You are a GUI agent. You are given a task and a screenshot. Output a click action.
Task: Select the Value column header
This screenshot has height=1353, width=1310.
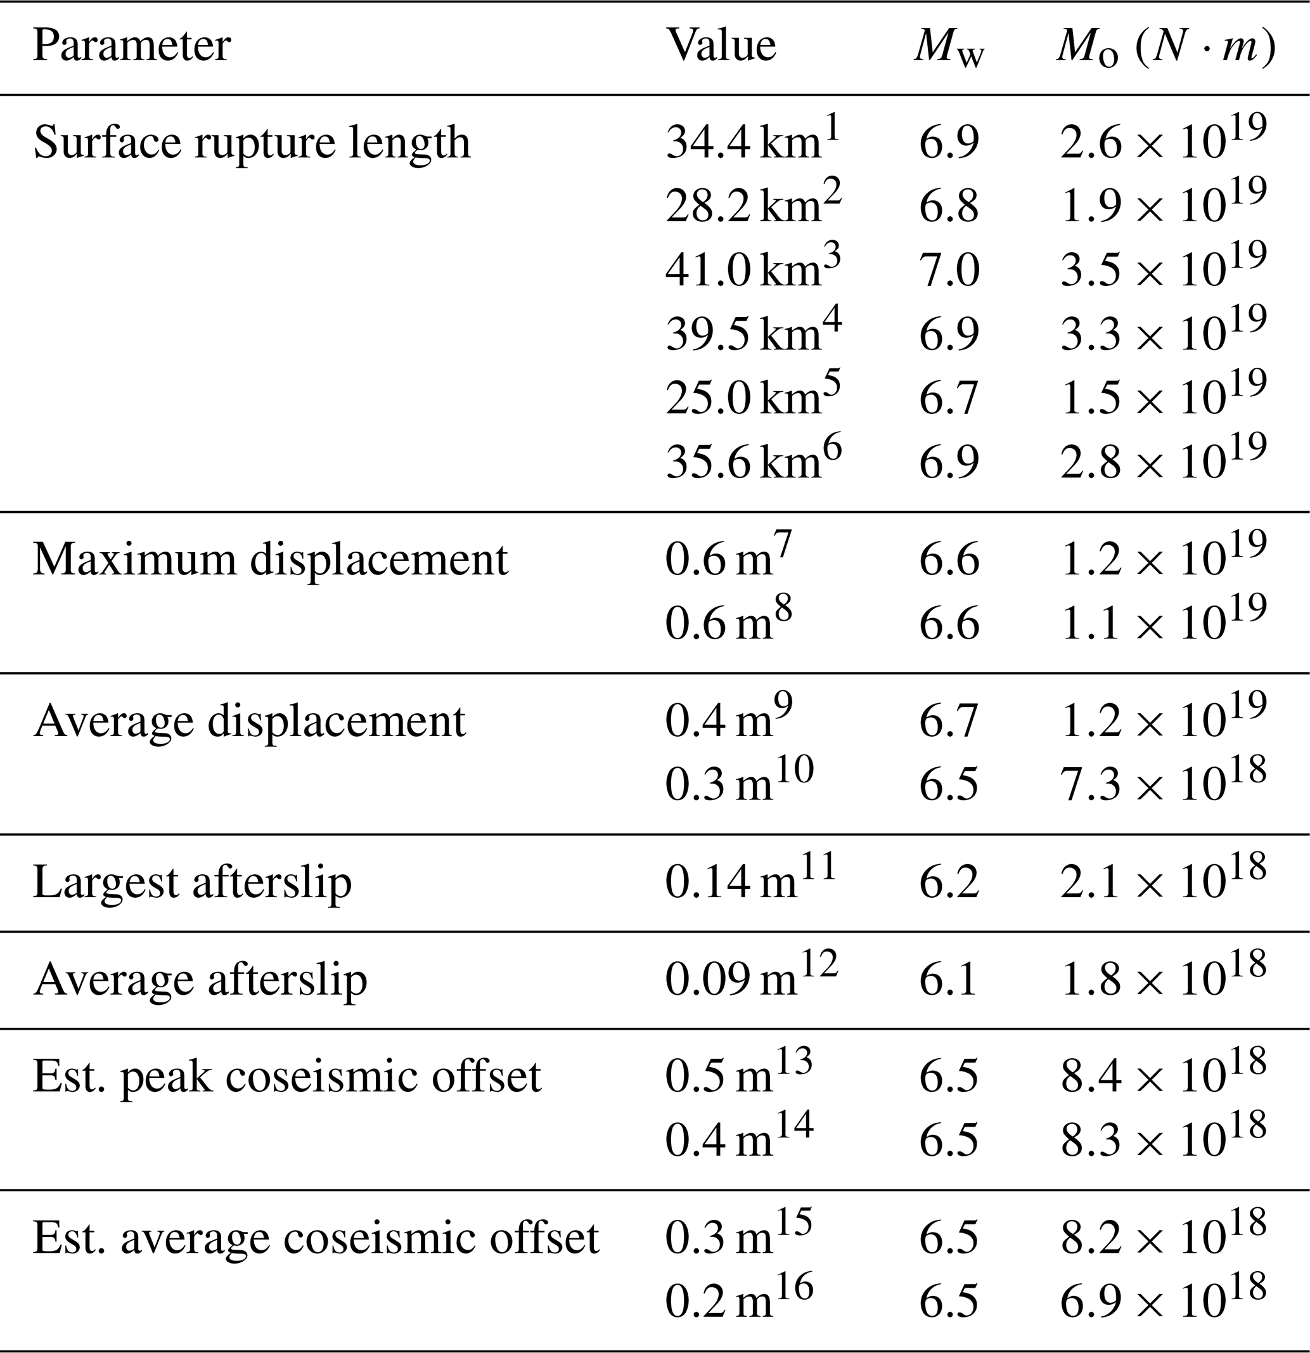pyautogui.click(x=721, y=46)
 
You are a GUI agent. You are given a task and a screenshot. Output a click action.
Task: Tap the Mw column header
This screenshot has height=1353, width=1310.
pyautogui.click(x=949, y=48)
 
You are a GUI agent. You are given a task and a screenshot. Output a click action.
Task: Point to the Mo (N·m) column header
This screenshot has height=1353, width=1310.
pyautogui.click(x=1165, y=48)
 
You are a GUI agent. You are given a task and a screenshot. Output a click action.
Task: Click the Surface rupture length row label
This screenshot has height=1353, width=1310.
pyautogui.click(x=252, y=143)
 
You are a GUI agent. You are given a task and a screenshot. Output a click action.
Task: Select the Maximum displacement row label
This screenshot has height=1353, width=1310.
pyautogui.click(x=270, y=560)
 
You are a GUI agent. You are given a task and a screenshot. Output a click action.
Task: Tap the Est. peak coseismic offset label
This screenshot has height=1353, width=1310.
pyautogui.click(x=287, y=1076)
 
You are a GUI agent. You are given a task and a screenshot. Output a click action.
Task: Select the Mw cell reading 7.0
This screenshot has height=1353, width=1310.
pyautogui.click(x=949, y=271)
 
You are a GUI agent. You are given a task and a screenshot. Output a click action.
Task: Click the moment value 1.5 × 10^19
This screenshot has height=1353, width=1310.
pyautogui.click(x=1164, y=398)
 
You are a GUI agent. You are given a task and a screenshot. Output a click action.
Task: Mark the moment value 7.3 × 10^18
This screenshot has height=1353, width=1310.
pyautogui.click(x=1164, y=785)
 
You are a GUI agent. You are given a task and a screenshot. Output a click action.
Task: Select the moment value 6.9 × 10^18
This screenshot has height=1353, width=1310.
pyautogui.click(x=1164, y=1301)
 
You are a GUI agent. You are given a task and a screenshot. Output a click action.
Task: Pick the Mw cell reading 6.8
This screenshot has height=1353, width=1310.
pyautogui.click(x=949, y=207)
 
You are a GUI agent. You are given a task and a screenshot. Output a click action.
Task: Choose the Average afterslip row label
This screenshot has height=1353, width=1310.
pyautogui.click(x=200, y=980)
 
